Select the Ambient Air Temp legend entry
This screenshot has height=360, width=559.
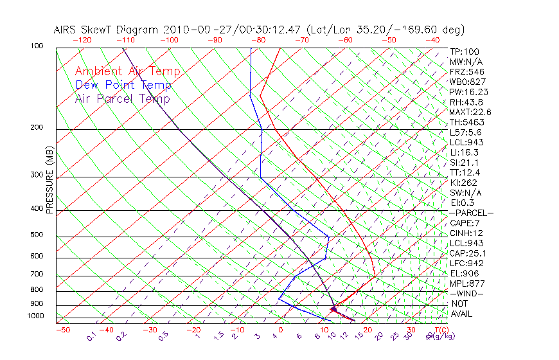[x=127, y=71]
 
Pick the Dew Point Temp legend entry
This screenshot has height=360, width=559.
[x=123, y=85]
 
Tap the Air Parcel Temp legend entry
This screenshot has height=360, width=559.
[x=122, y=98]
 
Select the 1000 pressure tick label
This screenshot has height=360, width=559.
[x=37, y=316]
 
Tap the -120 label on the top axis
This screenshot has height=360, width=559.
[x=82, y=40]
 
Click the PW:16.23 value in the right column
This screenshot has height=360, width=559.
[x=468, y=92]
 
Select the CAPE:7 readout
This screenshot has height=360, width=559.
[x=466, y=223]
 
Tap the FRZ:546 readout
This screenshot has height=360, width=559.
[x=466, y=71]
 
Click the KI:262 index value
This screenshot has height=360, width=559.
[x=464, y=183]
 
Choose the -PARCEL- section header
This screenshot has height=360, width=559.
[x=471, y=213]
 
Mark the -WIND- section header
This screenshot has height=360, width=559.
[x=466, y=293]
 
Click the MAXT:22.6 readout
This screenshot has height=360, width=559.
[x=470, y=112]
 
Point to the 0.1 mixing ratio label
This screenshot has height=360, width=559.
[x=92, y=336]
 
